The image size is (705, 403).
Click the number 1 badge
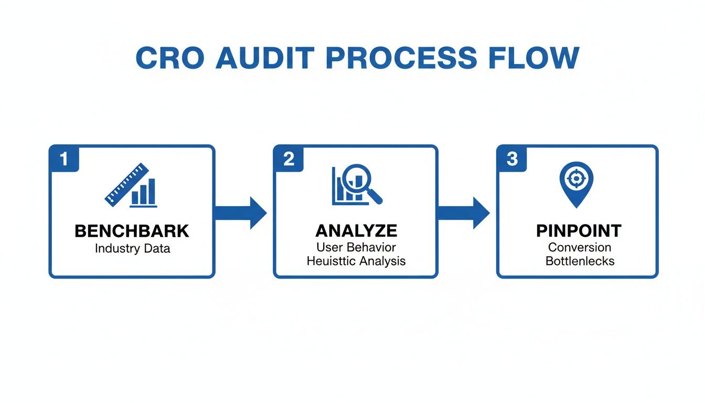(x=64, y=159)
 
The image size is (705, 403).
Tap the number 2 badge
(x=288, y=159)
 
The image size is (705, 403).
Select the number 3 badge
(x=512, y=159)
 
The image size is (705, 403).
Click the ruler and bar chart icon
(x=131, y=185)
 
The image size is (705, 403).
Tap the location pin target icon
(x=576, y=184)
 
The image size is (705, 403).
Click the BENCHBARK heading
(x=132, y=231)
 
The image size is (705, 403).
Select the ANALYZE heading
(x=356, y=231)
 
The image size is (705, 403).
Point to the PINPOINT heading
(x=579, y=231)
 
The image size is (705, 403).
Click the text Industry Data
(x=132, y=248)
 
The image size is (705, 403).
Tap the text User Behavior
(x=356, y=247)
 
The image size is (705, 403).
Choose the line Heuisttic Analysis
(x=356, y=261)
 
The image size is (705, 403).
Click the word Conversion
(x=580, y=247)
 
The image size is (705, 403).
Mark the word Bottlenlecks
(x=580, y=261)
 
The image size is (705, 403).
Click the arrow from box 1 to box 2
(x=242, y=213)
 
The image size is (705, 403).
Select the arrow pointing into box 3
(x=465, y=213)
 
